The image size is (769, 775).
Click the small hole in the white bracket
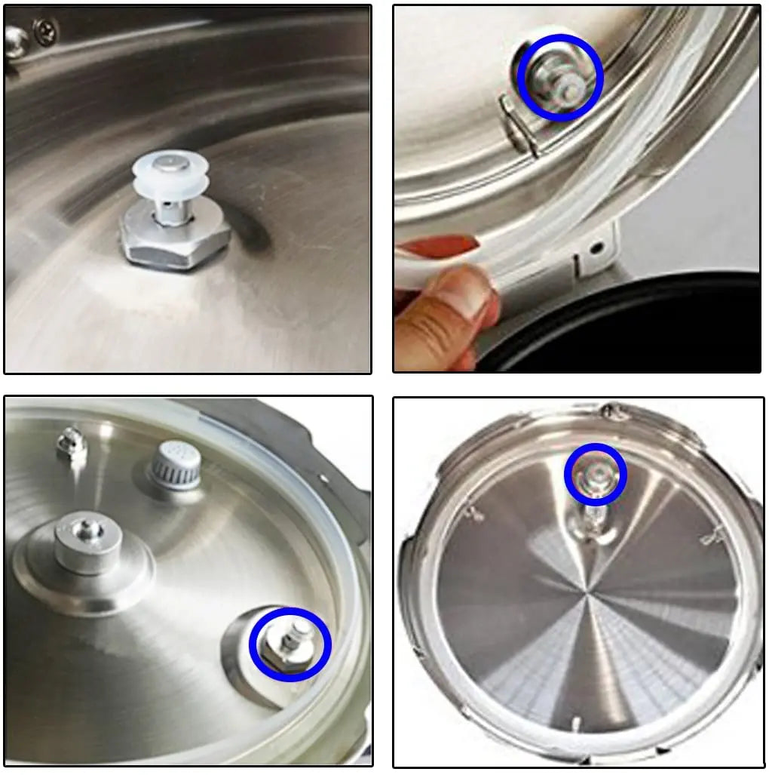(597, 247)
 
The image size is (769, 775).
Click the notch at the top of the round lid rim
(612, 411)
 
